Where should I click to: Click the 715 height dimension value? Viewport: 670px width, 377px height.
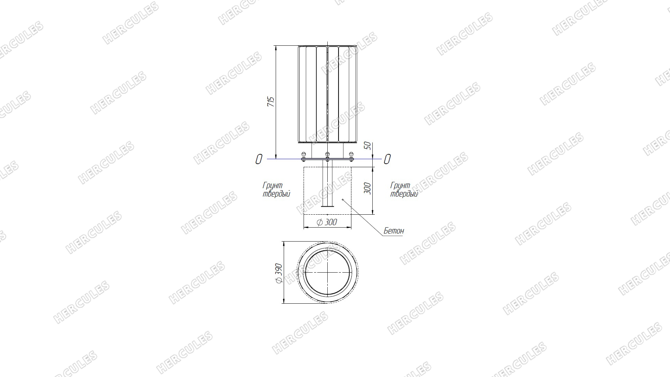pyautogui.click(x=271, y=102)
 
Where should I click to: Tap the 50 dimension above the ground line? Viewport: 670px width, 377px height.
pyautogui.click(x=367, y=146)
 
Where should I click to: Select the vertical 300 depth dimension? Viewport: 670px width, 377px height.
pyautogui.click(x=367, y=188)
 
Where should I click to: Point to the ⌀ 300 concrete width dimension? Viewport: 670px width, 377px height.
pyautogui.click(x=327, y=222)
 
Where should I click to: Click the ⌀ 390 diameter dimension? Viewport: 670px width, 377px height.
pyautogui.click(x=279, y=273)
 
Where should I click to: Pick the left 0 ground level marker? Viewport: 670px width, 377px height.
pyautogui.click(x=259, y=159)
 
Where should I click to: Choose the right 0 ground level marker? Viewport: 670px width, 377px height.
pyautogui.click(x=387, y=159)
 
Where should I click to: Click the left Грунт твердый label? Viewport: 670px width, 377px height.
pyautogui.click(x=276, y=190)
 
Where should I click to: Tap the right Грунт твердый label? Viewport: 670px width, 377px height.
pyautogui.click(x=404, y=190)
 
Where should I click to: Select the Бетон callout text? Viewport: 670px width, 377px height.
pyautogui.click(x=394, y=231)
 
